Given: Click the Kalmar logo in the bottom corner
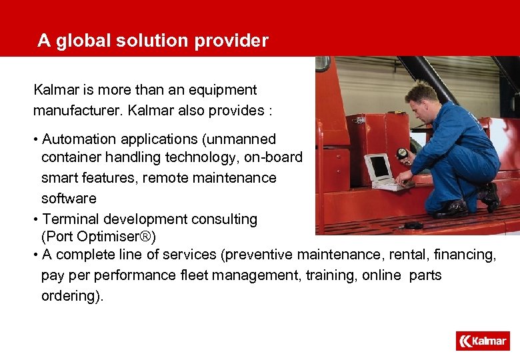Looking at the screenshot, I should [x=483, y=341].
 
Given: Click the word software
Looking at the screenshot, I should [x=69, y=199].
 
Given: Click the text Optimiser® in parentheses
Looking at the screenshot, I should [x=112, y=237].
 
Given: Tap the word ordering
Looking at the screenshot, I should [x=71, y=296].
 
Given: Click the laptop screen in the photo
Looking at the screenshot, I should [x=379, y=167].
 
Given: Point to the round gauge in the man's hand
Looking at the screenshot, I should [x=401, y=154].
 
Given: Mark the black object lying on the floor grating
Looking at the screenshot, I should [x=413, y=225].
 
